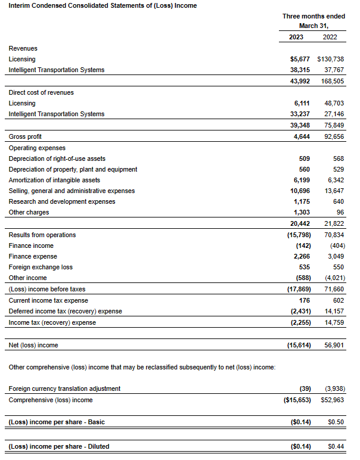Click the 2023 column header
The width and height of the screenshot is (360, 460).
click(296, 37)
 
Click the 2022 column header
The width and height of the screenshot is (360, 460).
click(330, 37)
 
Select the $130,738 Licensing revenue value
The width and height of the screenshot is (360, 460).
click(331, 59)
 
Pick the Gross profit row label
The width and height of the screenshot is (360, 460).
click(26, 136)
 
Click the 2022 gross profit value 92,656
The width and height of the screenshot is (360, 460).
click(333, 136)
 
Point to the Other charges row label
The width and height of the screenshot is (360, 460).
click(29, 212)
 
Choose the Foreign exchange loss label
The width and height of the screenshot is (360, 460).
click(41, 267)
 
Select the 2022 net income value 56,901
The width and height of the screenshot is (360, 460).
click(333, 345)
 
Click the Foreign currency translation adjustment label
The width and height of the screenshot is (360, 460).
click(64, 388)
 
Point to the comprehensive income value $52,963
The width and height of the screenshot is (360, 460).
click(332, 399)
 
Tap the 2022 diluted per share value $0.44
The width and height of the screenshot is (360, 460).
click(336, 446)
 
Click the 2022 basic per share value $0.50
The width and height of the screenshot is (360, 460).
click(336, 422)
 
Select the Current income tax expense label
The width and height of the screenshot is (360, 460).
click(49, 300)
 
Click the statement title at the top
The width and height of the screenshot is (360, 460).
click(103, 6)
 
